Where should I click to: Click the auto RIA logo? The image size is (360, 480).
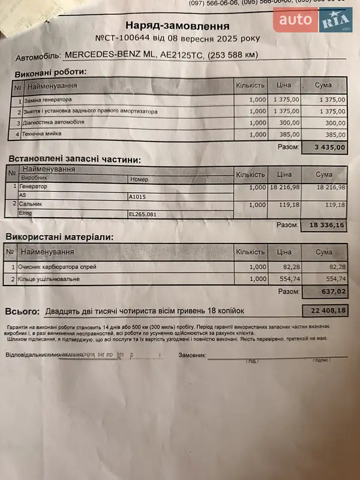[312, 21]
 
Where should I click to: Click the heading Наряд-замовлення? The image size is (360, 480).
[177, 26]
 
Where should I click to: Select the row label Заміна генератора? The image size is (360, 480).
[48, 100]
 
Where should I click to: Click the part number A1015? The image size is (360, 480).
[138, 196]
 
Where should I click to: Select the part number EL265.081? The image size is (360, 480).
[143, 213]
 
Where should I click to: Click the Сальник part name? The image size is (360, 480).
[31, 205]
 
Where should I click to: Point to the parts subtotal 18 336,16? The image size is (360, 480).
[326, 225]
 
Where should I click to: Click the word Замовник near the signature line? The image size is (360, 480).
[191, 355]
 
